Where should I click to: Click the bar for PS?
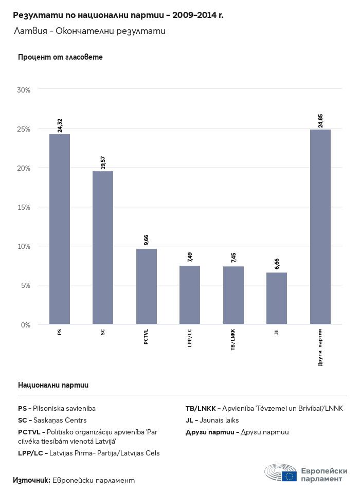click(x=60, y=229)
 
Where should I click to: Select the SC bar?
click(x=103, y=248)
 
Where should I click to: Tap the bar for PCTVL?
click(x=147, y=286)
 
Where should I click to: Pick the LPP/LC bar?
click(x=190, y=295)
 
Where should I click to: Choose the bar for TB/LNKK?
click(x=233, y=295)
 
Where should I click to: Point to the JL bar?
click(x=277, y=298)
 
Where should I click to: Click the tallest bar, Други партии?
click(x=320, y=227)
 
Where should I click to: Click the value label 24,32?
click(x=60, y=125)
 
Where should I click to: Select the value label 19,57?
click(x=103, y=162)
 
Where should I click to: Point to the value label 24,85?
click(x=320, y=120)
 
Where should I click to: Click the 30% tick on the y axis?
click(x=24, y=90)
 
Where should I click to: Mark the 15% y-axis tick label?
click(x=24, y=207)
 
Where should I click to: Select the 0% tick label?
click(x=26, y=325)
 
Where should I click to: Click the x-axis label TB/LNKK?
click(x=233, y=339)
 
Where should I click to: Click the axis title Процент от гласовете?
click(x=60, y=57)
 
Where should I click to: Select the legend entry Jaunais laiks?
click(x=212, y=420)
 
